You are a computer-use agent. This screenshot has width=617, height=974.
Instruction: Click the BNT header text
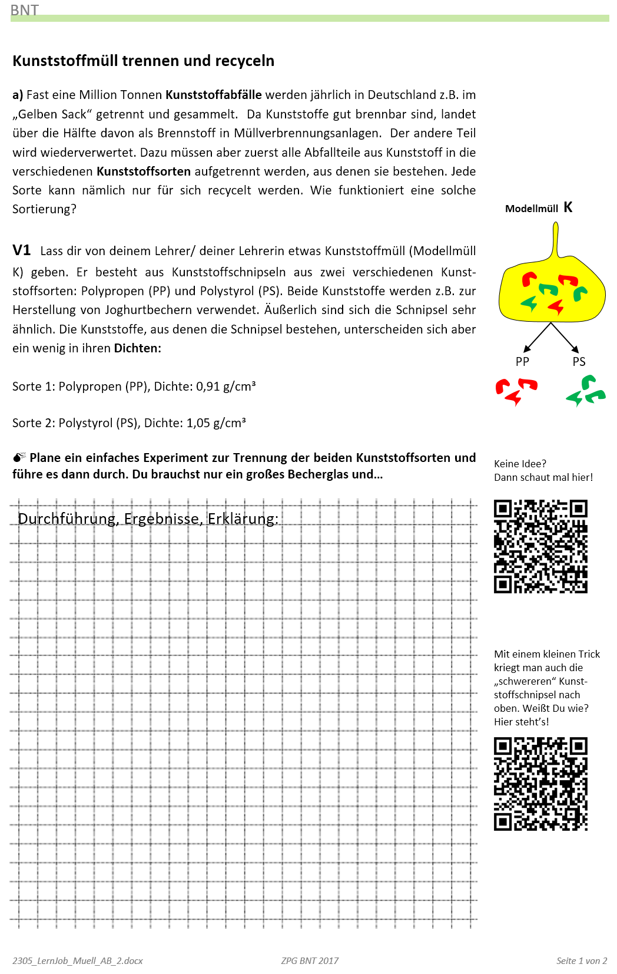tap(24, 10)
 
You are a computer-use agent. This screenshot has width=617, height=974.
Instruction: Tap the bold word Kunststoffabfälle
tap(213, 95)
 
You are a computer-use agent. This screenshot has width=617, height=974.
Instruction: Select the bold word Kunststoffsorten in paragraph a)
tap(144, 171)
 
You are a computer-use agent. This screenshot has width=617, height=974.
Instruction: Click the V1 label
tap(21, 250)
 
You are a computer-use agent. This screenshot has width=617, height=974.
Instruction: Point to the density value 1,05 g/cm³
tap(216, 423)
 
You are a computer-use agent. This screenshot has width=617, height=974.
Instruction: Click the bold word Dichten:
tap(137, 348)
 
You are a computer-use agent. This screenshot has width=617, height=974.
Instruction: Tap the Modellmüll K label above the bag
tap(538, 208)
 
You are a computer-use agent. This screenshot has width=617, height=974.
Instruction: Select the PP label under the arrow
tap(522, 362)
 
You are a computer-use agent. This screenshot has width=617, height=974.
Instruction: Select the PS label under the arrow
tap(579, 362)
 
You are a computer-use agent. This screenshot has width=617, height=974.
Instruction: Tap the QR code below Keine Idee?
tap(540, 546)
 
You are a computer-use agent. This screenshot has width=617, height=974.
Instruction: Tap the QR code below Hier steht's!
tap(540, 784)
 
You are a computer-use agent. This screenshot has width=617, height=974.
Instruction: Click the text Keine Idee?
tap(520, 464)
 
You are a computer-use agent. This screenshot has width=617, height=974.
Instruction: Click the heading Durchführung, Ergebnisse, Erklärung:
tap(148, 519)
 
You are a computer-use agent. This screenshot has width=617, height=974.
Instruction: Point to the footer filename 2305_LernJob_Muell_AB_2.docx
tap(77, 960)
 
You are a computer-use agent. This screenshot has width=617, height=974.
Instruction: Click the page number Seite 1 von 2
tap(581, 960)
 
